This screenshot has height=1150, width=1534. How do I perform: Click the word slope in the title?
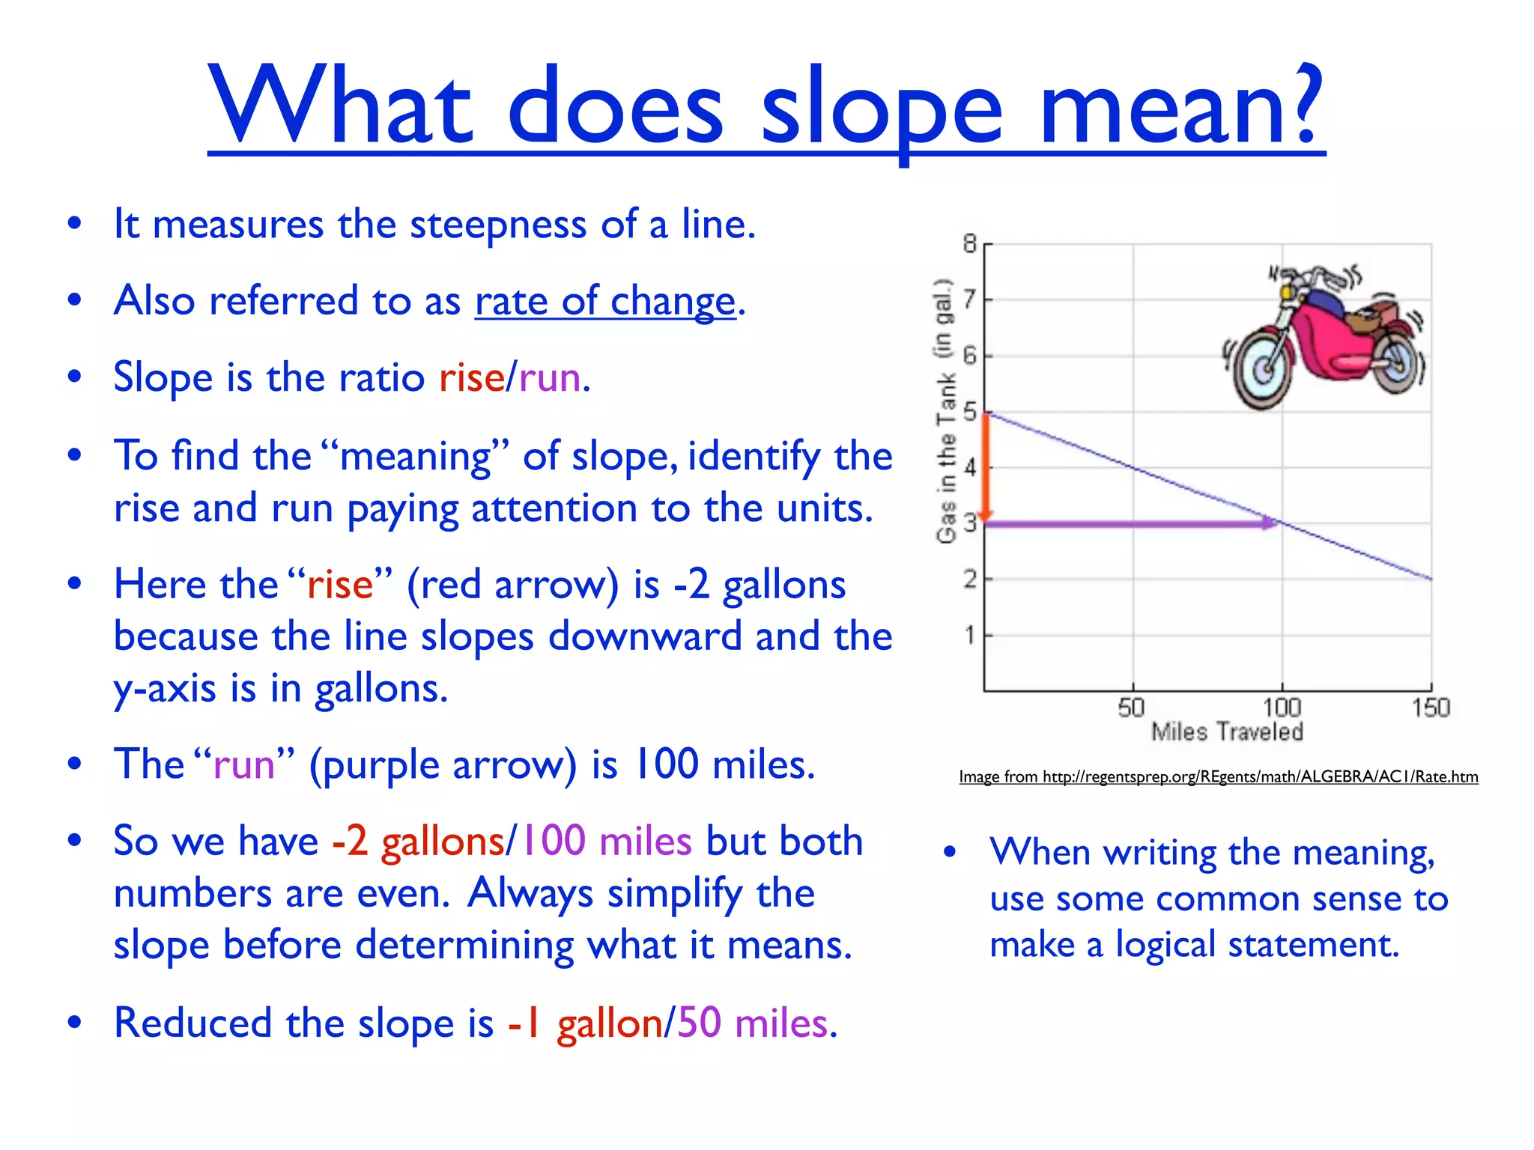coord(881,109)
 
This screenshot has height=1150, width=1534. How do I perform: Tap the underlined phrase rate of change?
coord(605,302)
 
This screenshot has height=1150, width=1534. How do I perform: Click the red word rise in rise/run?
coord(471,377)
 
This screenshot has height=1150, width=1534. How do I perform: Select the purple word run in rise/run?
coord(550,377)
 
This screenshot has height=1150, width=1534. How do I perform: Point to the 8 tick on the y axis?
coord(970,244)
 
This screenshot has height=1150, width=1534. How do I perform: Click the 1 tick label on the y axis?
coord(970,636)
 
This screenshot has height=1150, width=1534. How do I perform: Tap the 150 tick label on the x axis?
coord(1431,708)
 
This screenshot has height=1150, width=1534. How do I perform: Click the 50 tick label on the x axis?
coord(1131,708)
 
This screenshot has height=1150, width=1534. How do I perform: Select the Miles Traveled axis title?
coord(1227,731)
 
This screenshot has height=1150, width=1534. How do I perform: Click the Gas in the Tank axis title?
coord(945,412)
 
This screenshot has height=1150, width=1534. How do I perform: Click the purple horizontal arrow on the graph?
coord(1131,523)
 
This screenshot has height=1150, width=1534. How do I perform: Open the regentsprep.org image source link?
coord(1218,777)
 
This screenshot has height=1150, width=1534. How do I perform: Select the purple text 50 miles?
coord(752,1023)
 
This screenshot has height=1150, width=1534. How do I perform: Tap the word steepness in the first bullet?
coord(497,224)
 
